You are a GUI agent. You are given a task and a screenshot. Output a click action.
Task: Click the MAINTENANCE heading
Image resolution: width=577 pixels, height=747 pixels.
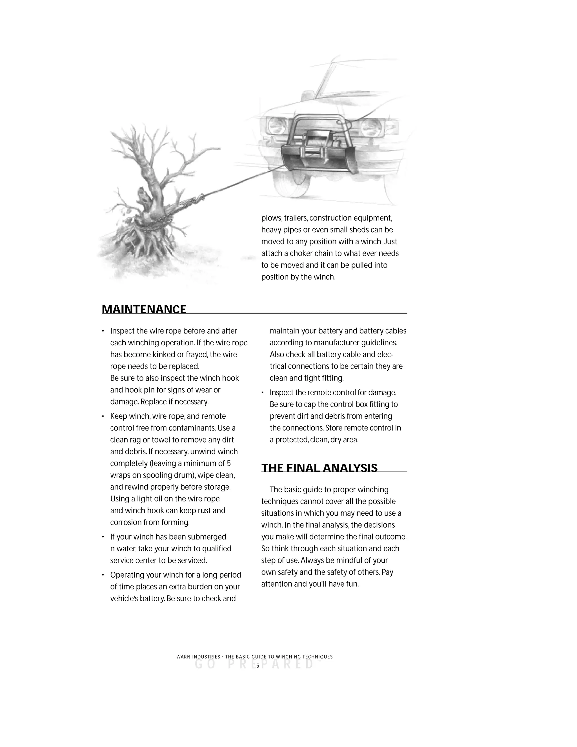click(x=144, y=309)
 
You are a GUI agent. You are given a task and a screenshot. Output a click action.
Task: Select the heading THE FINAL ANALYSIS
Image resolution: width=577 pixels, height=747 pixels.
click(x=319, y=468)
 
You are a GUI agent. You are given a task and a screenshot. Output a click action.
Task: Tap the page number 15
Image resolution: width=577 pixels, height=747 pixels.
click(x=256, y=666)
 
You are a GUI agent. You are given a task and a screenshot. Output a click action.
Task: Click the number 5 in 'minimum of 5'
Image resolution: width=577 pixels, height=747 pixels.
click(x=229, y=463)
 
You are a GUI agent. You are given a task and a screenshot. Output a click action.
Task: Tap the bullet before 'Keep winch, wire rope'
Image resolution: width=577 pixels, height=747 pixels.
click(x=103, y=417)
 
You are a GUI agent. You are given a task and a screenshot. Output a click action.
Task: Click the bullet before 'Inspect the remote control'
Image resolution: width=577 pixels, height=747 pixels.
click(x=263, y=393)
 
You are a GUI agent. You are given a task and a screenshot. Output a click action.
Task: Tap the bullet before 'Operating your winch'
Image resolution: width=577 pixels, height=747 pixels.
click(x=103, y=575)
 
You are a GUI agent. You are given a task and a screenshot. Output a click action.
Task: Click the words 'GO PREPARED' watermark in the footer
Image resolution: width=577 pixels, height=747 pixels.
click(x=255, y=664)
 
